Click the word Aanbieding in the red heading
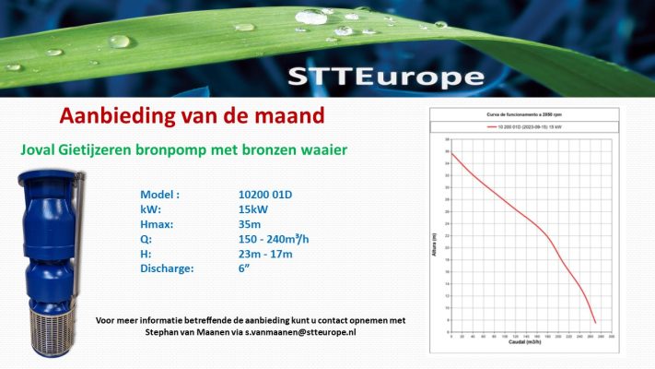(x=113, y=116)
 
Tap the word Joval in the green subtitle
(x=41, y=149)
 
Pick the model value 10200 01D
(x=267, y=196)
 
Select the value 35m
(x=250, y=225)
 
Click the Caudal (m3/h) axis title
(x=522, y=352)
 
